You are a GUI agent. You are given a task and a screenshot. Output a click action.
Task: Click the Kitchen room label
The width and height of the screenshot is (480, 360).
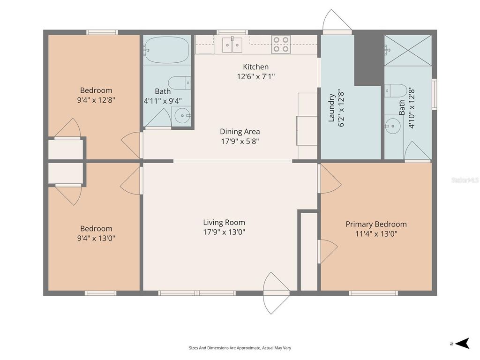(x=255, y=67)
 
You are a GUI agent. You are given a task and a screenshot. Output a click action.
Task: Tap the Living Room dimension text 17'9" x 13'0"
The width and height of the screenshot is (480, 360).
(x=224, y=232)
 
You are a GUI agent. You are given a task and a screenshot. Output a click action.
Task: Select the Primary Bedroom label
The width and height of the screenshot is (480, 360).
(x=376, y=224)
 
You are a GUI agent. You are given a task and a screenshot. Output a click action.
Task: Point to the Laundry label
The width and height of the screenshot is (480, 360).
(x=331, y=108)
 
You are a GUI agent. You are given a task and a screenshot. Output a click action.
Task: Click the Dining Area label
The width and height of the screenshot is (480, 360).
(x=240, y=132)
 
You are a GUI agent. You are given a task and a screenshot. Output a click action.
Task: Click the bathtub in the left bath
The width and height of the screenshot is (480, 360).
(x=166, y=50)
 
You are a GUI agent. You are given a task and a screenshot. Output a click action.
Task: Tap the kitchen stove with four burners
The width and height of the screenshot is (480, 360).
(x=281, y=45)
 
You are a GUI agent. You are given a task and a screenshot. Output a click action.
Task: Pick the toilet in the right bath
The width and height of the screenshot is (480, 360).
(x=395, y=90)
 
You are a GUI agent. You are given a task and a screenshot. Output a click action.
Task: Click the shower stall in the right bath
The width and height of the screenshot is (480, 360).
(x=407, y=50)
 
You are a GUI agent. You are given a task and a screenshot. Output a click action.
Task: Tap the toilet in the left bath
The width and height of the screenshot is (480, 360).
(x=179, y=83)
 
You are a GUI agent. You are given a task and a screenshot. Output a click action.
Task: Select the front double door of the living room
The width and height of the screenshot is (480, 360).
(x=277, y=293)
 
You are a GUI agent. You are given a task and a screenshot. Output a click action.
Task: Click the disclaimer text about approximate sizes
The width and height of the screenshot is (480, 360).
(x=240, y=348)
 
